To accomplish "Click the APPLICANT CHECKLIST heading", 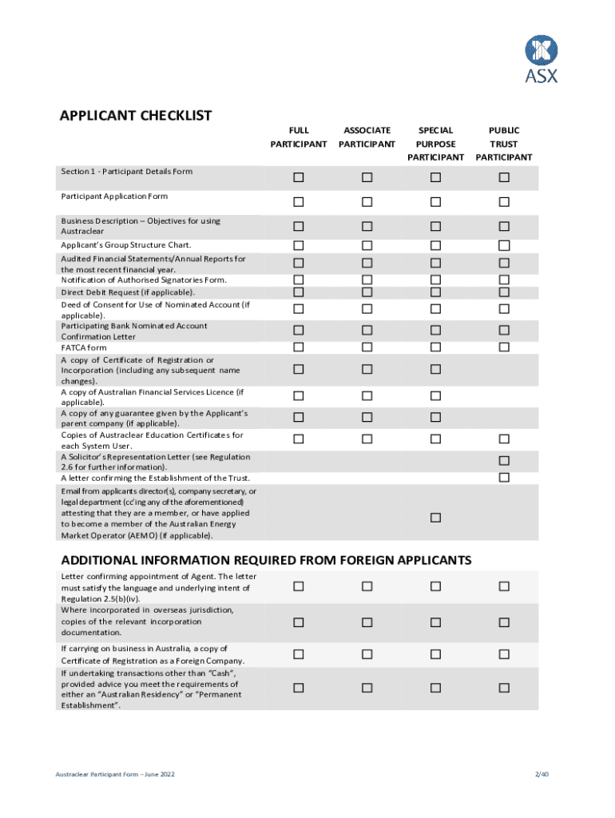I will click(x=136, y=116).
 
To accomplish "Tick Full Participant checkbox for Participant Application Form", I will click(x=298, y=201).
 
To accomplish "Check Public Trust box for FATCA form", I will click(x=504, y=347).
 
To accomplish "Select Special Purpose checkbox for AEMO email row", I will click(x=435, y=518).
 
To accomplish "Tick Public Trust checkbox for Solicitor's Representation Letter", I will click(x=504, y=461).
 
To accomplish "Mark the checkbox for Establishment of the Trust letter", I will click(x=504, y=478).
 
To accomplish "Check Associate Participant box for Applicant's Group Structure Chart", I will click(x=367, y=245).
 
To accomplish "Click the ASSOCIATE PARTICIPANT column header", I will click(x=367, y=137).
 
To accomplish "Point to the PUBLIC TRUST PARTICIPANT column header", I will click(x=504, y=143).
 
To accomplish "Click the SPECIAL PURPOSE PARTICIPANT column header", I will click(x=435, y=143).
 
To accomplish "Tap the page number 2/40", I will click(x=541, y=775).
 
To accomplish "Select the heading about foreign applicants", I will click(x=266, y=560).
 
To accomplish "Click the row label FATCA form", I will click(x=84, y=347).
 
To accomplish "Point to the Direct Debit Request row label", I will click(x=128, y=292).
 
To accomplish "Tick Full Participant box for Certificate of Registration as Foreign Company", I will click(x=298, y=654).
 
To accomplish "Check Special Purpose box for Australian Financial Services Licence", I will click(x=435, y=396).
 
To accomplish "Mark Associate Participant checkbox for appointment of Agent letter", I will click(x=367, y=587).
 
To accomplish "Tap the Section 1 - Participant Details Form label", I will click(x=126, y=171).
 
